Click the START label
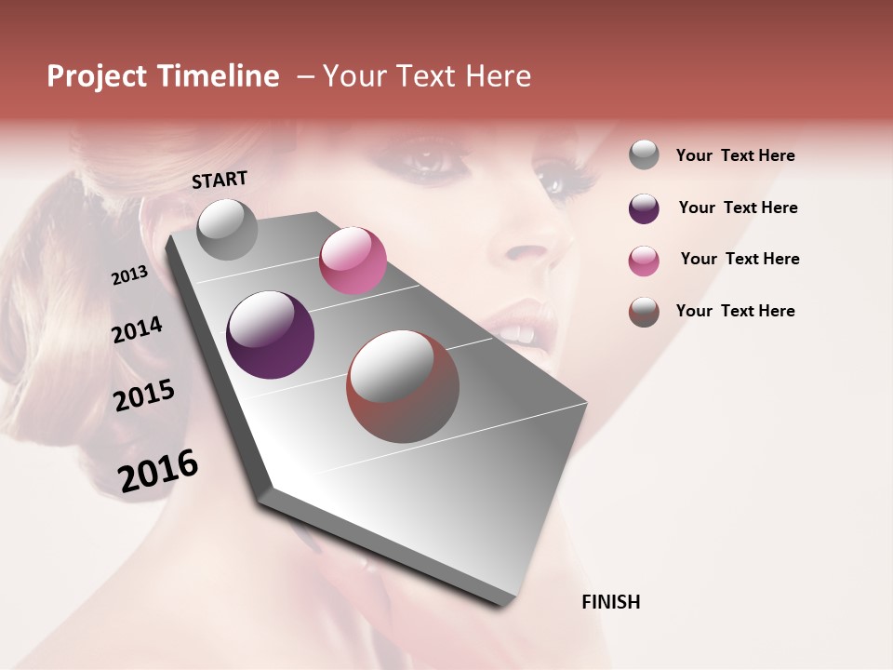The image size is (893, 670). click(220, 180)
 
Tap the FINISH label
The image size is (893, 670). click(610, 602)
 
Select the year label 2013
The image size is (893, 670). click(129, 275)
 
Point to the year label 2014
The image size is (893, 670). click(137, 330)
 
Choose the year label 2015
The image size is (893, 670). click(144, 395)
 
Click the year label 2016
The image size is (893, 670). click(158, 471)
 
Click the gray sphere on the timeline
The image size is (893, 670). click(227, 229)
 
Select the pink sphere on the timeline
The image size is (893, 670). click(353, 261)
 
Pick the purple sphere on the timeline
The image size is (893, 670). click(270, 335)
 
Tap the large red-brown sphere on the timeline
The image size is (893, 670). click(403, 386)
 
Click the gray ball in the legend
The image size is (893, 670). click(644, 154)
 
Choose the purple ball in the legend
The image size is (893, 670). click(644, 208)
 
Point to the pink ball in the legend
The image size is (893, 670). click(644, 261)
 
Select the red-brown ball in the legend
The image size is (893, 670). click(644, 312)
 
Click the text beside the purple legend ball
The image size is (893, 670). click(738, 208)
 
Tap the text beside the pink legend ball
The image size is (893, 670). click(740, 259)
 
